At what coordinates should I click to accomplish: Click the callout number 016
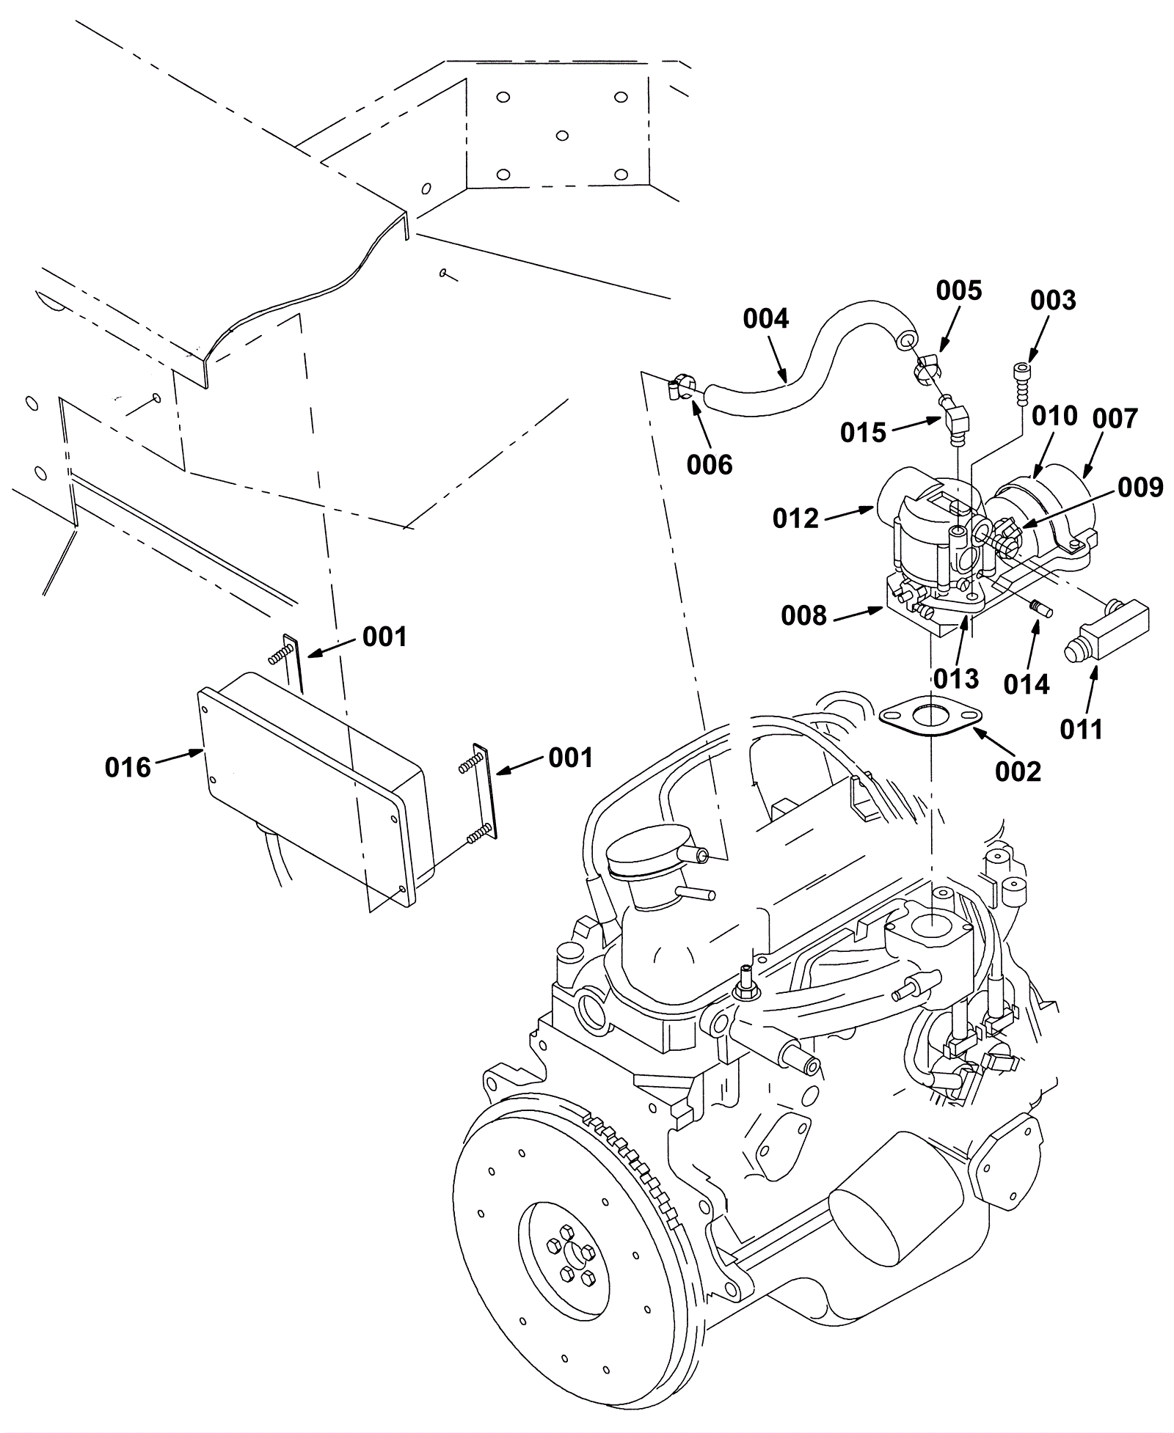click(128, 768)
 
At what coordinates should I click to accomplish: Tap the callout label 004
click(766, 318)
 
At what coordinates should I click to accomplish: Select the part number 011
click(1082, 729)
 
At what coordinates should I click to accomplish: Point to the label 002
click(1018, 772)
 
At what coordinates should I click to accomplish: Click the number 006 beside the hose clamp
click(710, 464)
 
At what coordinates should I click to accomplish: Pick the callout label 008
click(804, 616)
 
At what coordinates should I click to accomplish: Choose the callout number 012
click(795, 518)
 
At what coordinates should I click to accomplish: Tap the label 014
click(1027, 684)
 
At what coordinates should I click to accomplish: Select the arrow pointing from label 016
click(178, 757)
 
